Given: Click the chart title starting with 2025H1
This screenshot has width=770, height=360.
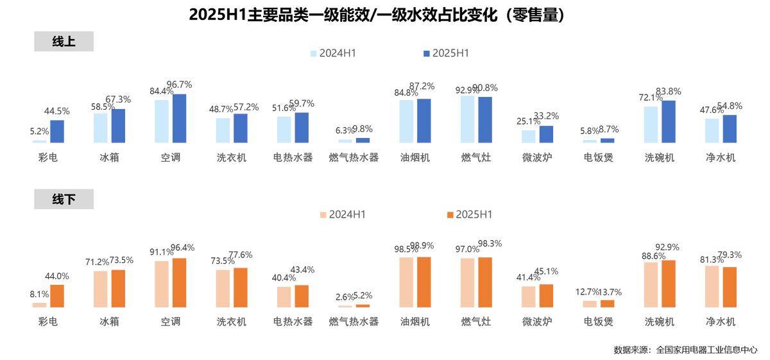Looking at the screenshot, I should tap(377, 15).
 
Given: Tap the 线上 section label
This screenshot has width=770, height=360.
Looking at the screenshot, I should tap(64, 42).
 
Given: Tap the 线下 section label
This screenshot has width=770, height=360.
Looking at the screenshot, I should tap(64, 200).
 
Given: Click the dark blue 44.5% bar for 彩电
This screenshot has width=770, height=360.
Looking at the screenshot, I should tap(57, 131).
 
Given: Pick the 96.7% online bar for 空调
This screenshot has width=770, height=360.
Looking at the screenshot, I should tap(179, 118).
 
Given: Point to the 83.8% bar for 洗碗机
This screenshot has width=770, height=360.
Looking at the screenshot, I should tap(669, 121).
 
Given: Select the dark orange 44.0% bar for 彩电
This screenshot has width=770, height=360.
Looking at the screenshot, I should tap(57, 296).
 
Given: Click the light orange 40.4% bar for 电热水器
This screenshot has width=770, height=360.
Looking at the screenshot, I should tap(284, 296).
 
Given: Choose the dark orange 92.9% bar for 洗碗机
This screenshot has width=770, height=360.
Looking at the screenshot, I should tap(669, 284).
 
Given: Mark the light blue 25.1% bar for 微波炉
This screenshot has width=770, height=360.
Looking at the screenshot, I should tap(528, 136).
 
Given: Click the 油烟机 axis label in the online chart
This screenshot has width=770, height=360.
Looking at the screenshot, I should tap(415, 157).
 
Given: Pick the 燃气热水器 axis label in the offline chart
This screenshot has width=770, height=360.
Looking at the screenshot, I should tap(354, 321).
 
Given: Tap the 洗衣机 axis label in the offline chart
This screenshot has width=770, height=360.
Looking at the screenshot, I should tap(232, 321).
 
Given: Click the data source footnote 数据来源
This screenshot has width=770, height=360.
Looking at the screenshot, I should tap(685, 350).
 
